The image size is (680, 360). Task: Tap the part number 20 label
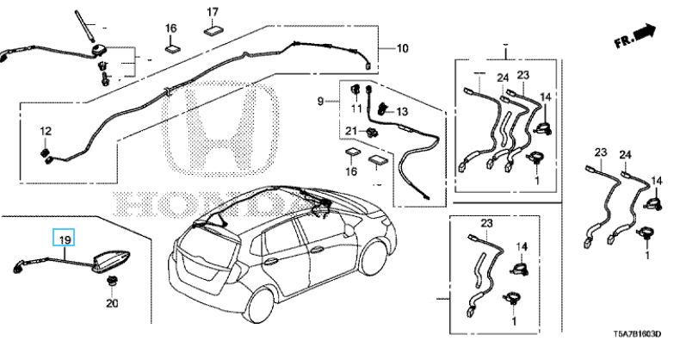[x=111, y=302]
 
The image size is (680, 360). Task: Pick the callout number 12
[x=46, y=130]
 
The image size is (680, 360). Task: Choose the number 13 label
[x=402, y=112]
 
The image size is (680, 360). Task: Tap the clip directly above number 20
[x=111, y=281]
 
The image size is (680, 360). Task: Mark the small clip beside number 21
[x=370, y=133]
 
